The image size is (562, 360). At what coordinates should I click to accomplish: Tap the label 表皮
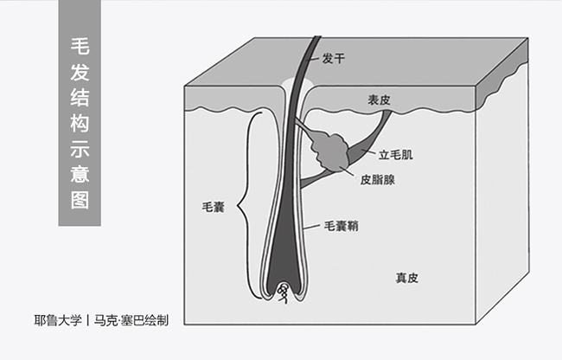click(x=379, y=100)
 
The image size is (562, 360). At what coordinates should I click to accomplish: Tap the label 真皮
click(x=407, y=278)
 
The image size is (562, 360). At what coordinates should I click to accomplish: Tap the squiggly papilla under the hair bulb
click(x=283, y=299)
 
